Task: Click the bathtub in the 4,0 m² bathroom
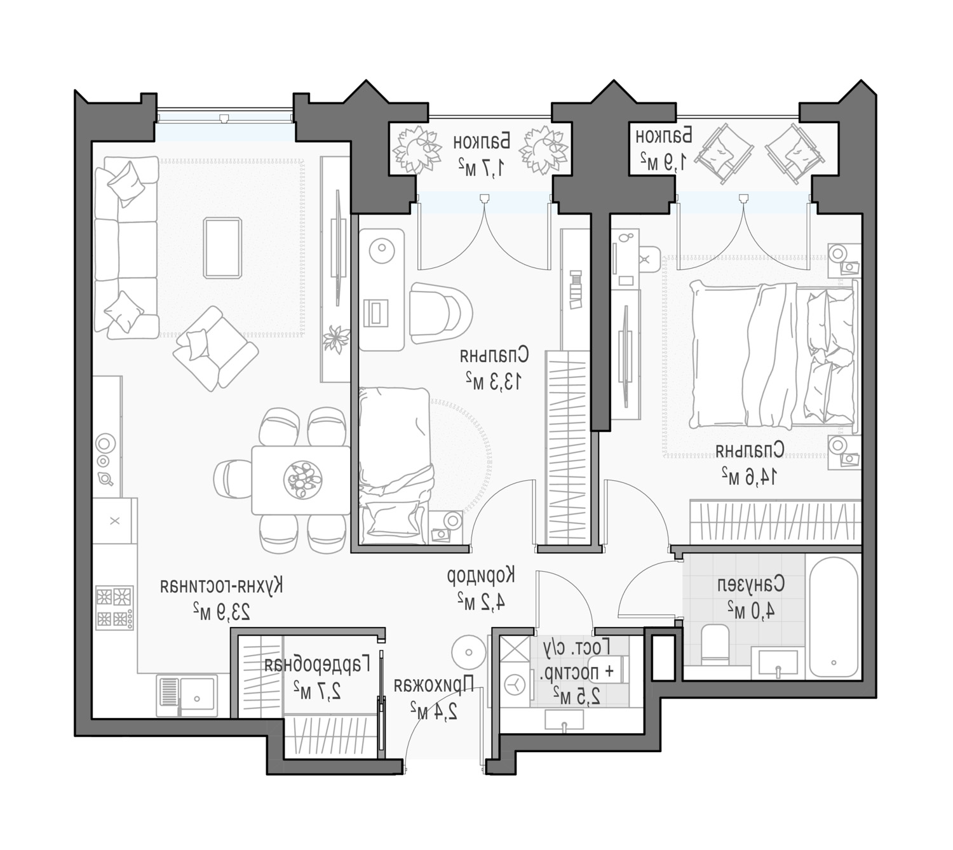click(834, 617)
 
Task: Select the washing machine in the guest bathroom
click(515, 685)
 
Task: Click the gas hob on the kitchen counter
click(115, 607)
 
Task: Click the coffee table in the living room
click(222, 248)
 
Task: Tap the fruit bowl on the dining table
click(303, 480)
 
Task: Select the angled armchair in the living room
click(215, 348)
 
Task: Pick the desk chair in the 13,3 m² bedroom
click(440, 313)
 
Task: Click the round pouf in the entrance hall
click(468, 652)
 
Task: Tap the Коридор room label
click(481, 576)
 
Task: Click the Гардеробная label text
click(317, 664)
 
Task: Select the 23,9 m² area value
click(221, 612)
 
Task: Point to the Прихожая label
click(434, 685)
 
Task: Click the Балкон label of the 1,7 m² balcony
click(482, 141)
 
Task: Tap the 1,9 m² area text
click(663, 161)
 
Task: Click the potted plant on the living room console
click(336, 338)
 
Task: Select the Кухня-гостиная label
click(222, 586)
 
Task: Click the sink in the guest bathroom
click(564, 720)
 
